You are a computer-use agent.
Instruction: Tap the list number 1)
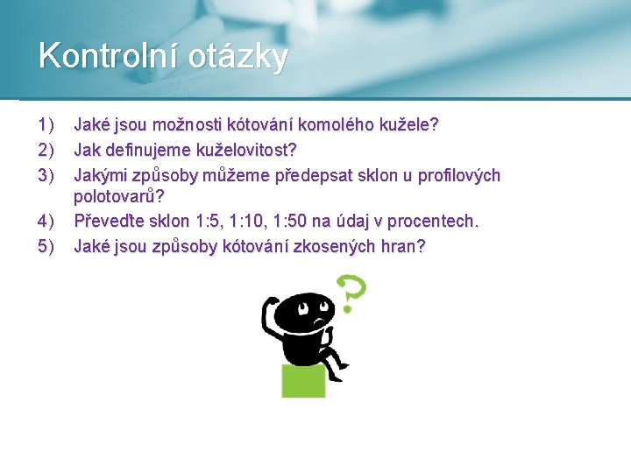[46, 124]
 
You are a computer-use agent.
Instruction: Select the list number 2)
[46, 150]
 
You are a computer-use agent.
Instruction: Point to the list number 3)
[46, 175]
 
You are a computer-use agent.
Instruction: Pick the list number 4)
[46, 221]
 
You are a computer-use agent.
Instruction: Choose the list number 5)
[46, 246]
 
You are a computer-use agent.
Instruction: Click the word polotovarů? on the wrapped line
[119, 196]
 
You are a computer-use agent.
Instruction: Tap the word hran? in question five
[403, 246]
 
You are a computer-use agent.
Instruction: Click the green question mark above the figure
[351, 293]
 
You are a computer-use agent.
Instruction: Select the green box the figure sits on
[303, 381]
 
